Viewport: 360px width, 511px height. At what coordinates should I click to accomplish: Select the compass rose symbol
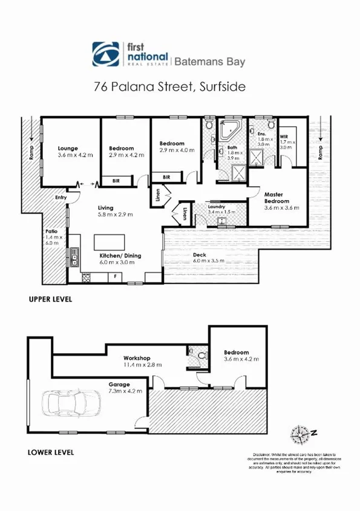301,434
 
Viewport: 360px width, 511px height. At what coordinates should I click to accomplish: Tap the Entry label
61,197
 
